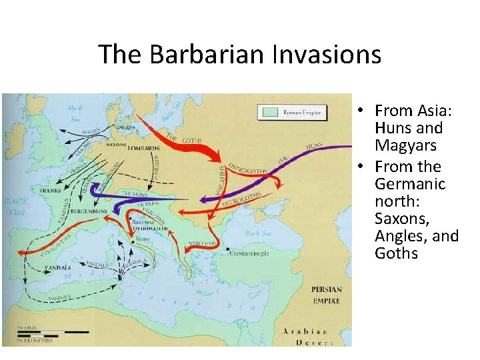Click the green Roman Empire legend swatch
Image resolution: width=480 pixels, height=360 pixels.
pos(269,112)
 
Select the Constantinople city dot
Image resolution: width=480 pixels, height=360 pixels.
pos(229,251)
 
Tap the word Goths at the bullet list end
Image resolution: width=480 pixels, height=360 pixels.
pos(396,253)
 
